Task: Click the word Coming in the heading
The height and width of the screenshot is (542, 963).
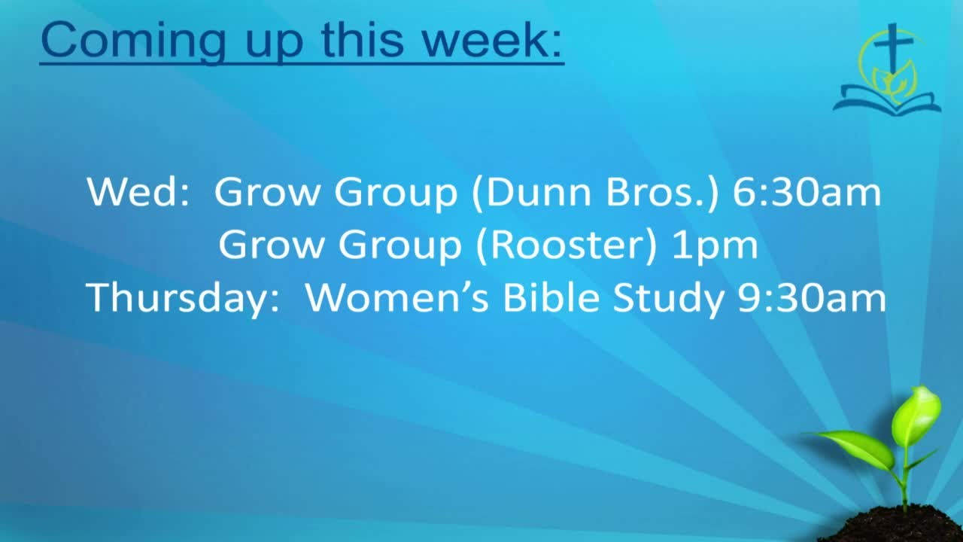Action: [x=133, y=41]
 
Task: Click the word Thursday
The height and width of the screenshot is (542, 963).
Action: [x=177, y=297]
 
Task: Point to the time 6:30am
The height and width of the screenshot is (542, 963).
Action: [x=807, y=192]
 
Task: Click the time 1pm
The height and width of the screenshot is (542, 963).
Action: [x=715, y=245]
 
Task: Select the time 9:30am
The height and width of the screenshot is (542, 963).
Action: [x=812, y=297]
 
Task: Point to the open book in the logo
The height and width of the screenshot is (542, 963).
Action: [x=887, y=102]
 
